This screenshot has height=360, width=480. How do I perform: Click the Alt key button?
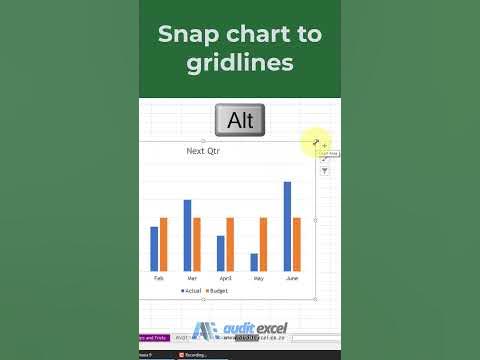(x=240, y=121)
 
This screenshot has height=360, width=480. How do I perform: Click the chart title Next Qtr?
(x=203, y=151)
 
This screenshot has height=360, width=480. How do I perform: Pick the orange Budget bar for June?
(x=297, y=244)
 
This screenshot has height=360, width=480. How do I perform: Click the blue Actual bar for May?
(x=254, y=262)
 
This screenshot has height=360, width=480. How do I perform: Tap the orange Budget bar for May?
(x=264, y=244)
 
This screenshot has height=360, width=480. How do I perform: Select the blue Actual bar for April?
(x=221, y=253)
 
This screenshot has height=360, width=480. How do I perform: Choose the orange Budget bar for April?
(x=230, y=244)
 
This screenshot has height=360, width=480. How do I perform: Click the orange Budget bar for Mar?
(x=197, y=244)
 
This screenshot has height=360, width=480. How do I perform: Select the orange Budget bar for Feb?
(x=163, y=244)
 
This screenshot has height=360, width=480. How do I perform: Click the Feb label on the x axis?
(x=159, y=278)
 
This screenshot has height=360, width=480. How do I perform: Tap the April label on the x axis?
(x=225, y=278)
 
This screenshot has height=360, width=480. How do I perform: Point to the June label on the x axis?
(x=292, y=278)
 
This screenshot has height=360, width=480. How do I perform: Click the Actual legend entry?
(x=191, y=290)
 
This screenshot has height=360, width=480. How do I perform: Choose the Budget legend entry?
(x=217, y=290)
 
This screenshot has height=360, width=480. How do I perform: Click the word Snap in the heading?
(x=187, y=33)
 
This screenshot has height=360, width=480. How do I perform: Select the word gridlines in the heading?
(x=240, y=62)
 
